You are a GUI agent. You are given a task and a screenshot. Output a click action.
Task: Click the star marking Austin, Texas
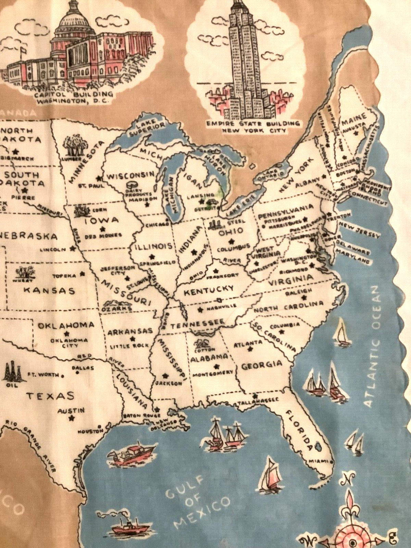72,418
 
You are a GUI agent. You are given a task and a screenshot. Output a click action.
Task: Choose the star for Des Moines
102,229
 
